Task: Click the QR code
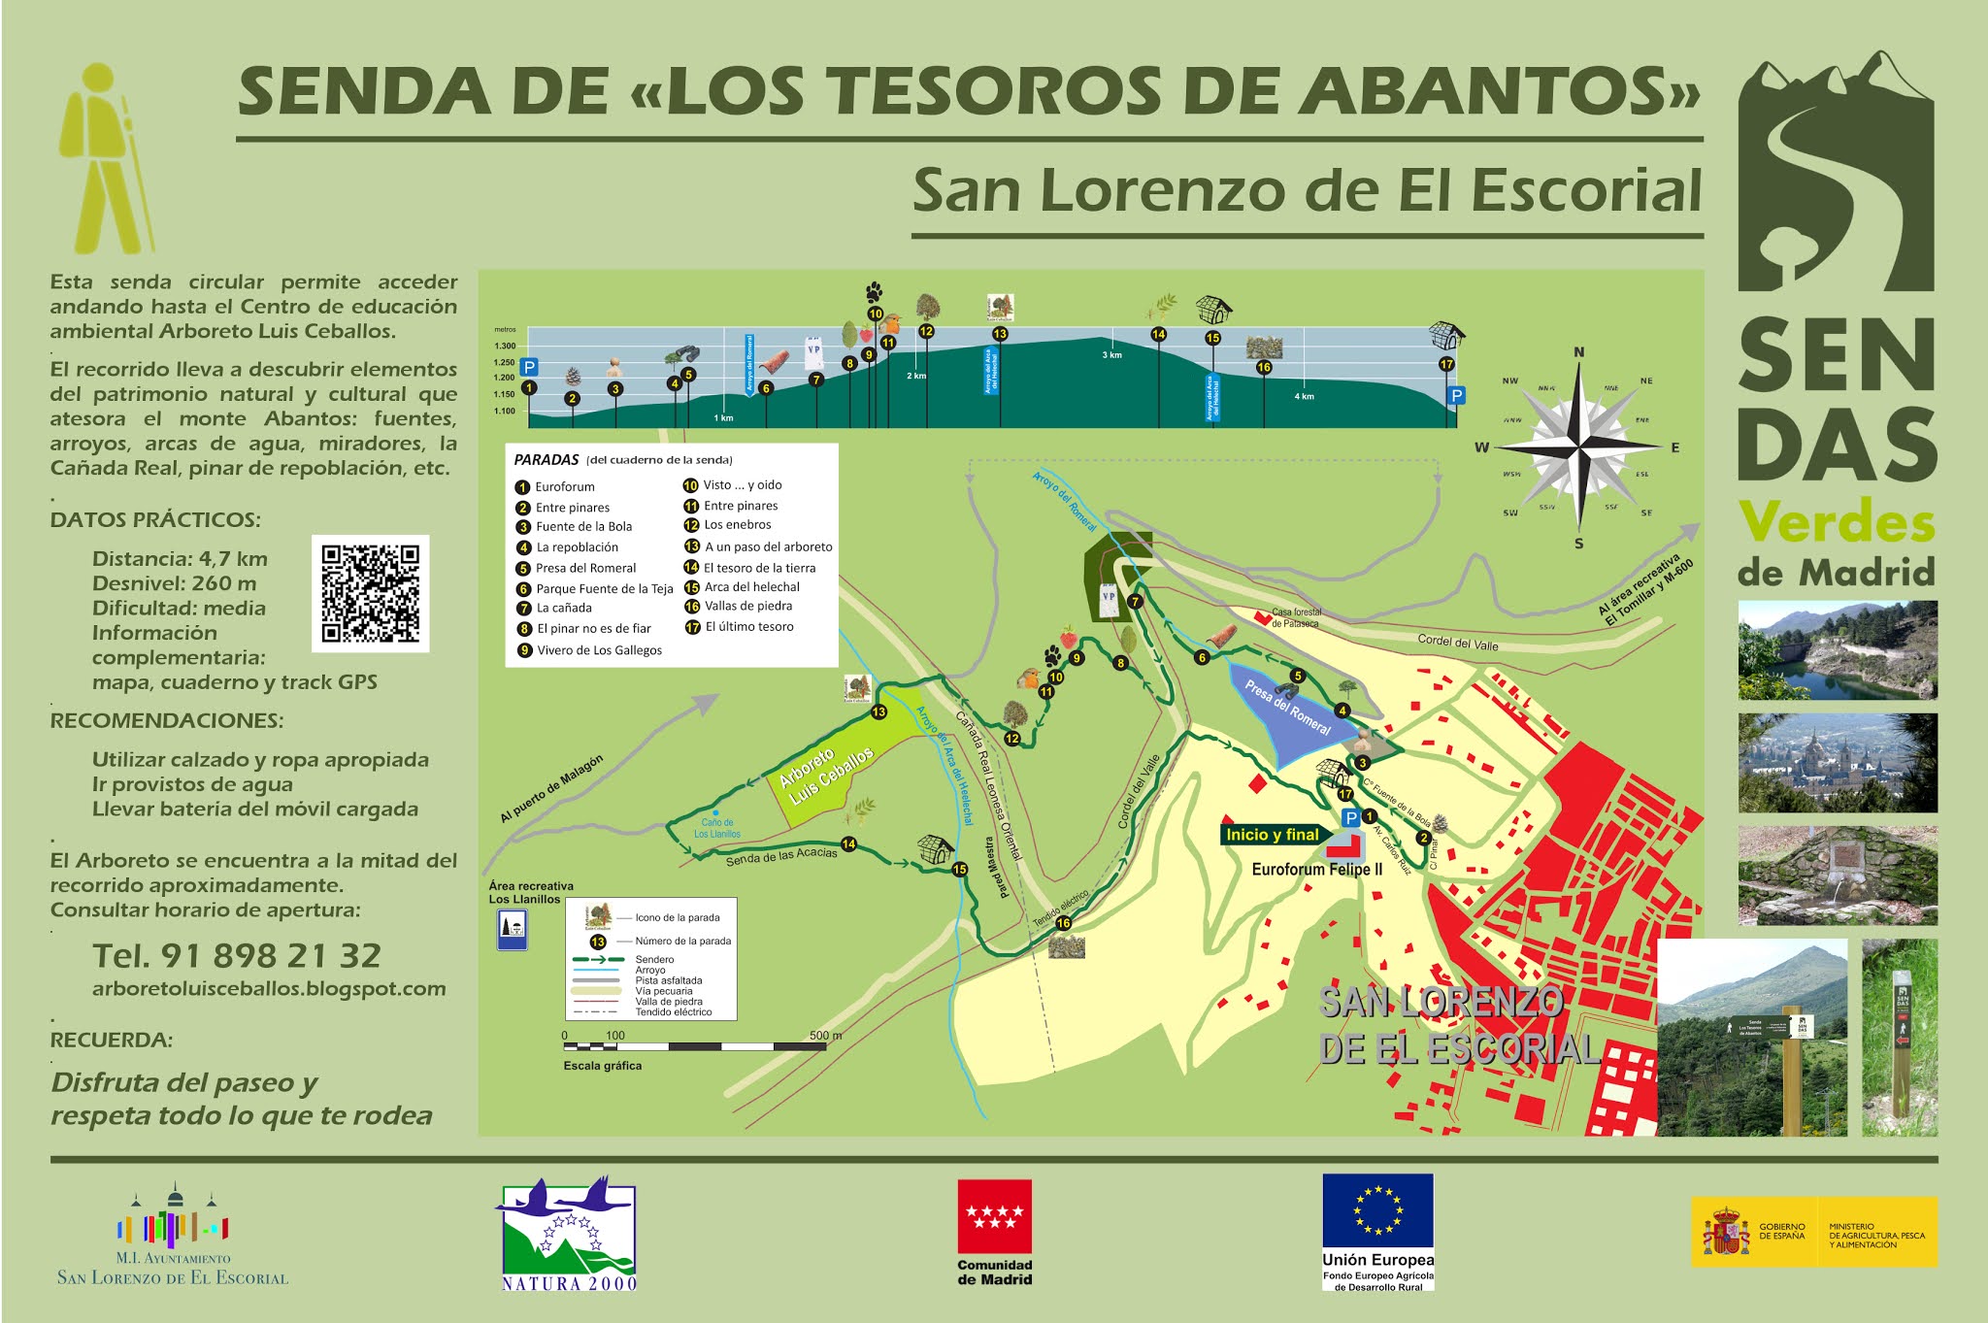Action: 370,593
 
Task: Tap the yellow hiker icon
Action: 103,160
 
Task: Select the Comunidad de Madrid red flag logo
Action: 994,1217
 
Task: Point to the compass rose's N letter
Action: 1578,352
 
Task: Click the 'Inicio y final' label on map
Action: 1272,835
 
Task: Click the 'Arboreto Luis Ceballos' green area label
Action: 826,776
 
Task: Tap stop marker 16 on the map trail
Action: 1063,923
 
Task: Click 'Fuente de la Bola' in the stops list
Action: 583,527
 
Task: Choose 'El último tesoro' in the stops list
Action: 748,627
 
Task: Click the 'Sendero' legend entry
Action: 654,959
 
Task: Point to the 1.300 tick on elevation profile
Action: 505,346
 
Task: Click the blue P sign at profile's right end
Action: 1456,395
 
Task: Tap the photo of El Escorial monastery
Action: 1837,763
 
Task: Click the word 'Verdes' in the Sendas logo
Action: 1837,522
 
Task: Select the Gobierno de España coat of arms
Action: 1726,1232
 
